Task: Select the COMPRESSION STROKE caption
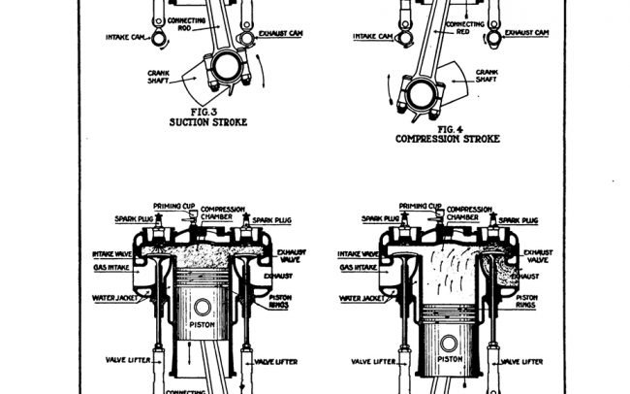coord(448,139)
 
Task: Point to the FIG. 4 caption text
coord(447,128)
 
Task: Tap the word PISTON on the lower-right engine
coord(449,358)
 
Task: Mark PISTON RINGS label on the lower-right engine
coord(528,300)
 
